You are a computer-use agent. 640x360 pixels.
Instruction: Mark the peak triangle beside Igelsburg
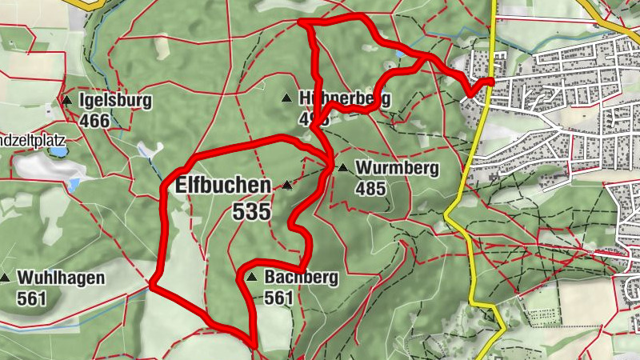[x=67, y=101]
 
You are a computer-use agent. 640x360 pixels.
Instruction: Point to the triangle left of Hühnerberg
[x=286, y=98]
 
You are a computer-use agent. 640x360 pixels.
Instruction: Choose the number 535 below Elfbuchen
[x=252, y=213]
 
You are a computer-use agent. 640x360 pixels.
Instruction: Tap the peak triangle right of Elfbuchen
[x=286, y=186]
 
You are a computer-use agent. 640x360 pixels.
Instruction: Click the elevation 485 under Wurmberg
[x=371, y=189]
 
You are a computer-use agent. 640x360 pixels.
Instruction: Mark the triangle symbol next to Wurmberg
[x=343, y=168]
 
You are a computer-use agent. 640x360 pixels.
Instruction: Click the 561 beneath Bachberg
[x=279, y=298]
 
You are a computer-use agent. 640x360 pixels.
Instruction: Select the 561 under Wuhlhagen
[x=31, y=298]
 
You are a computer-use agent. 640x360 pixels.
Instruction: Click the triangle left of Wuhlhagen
[x=5, y=278]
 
